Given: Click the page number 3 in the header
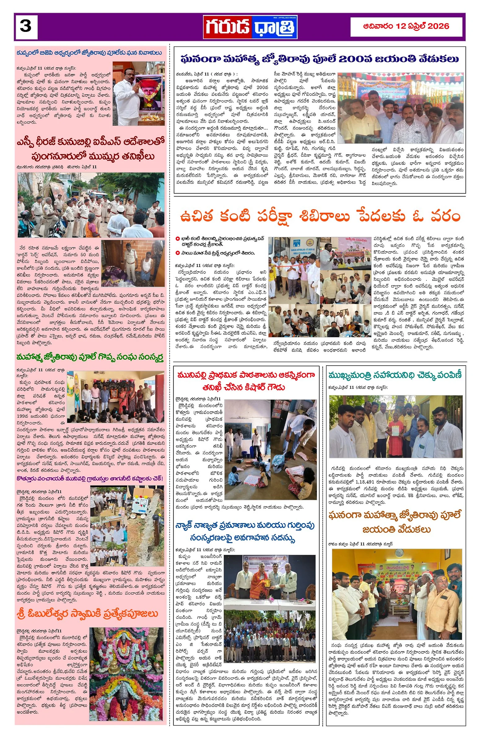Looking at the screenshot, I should coord(25,26).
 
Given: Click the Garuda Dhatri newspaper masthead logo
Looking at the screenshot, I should coord(250,27).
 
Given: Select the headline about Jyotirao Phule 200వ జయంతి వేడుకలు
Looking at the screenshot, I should coord(319,59).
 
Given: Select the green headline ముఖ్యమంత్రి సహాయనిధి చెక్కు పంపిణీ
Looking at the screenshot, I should coord(395,375).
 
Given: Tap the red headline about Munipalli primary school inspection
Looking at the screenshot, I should coord(246,381).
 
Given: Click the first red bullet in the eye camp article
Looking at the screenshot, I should coord(177,239).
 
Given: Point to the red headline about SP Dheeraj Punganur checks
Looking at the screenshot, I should coord(90,149).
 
